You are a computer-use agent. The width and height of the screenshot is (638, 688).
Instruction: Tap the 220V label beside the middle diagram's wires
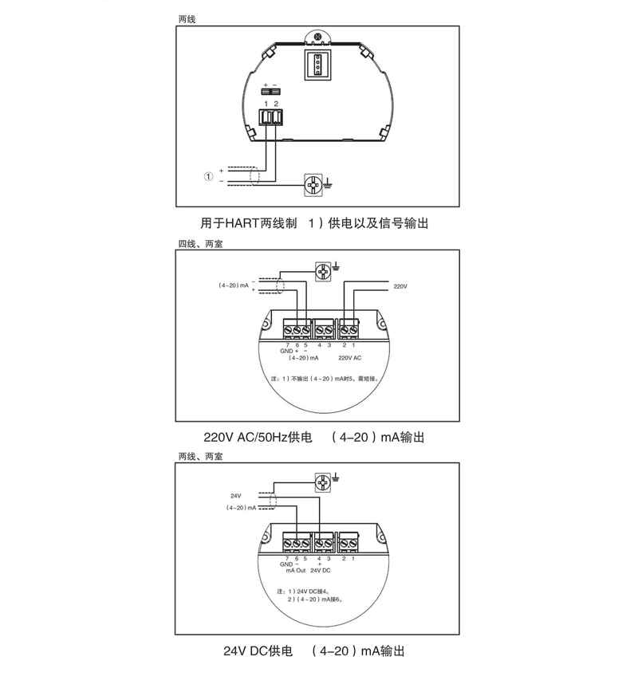(x=400, y=285)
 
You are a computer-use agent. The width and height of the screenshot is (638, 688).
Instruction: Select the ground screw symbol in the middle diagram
(x=323, y=271)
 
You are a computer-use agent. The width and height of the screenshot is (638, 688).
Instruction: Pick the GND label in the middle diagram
(x=286, y=352)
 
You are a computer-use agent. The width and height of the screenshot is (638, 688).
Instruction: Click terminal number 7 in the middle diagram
(x=286, y=344)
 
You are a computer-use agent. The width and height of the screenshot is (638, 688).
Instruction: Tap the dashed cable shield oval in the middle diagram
(x=280, y=286)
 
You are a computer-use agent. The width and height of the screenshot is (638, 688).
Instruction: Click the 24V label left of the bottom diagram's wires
(x=236, y=496)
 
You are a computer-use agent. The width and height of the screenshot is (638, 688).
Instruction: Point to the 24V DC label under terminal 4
(x=320, y=572)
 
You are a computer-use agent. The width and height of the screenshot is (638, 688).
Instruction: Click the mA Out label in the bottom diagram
(x=295, y=572)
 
